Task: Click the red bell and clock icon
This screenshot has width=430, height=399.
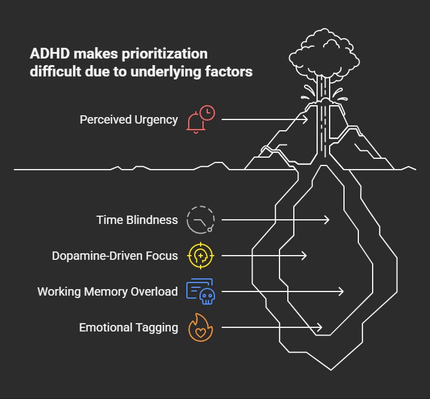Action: tap(200, 119)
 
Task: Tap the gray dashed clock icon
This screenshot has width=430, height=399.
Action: tap(200, 220)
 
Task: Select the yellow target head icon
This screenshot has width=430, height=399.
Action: tap(200, 256)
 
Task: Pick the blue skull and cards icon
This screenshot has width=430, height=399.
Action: tap(200, 291)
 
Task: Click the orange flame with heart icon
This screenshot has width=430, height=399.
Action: tap(200, 327)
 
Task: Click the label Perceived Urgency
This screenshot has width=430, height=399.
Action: tap(128, 119)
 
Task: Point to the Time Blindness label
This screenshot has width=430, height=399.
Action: tap(137, 220)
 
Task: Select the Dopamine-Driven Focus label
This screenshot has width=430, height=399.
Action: tap(115, 256)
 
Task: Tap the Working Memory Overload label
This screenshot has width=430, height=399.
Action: tap(107, 291)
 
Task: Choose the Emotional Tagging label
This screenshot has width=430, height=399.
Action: tap(128, 327)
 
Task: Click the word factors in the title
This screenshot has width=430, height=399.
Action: tap(230, 72)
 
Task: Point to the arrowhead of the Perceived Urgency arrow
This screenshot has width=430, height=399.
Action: tap(306, 119)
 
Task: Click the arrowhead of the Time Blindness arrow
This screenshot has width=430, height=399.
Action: tap(327, 220)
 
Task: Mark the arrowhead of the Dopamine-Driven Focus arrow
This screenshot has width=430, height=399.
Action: tap(305, 256)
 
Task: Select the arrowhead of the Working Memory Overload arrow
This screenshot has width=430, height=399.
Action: tap(342, 291)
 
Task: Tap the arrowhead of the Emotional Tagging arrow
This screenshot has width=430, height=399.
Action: tap(320, 327)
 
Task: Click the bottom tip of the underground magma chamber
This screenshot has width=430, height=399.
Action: tap(330, 369)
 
